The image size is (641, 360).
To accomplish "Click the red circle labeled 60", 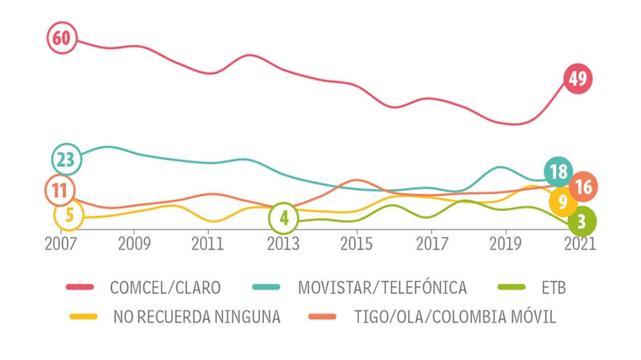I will (62, 38).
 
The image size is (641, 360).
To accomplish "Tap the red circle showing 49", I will (578, 79).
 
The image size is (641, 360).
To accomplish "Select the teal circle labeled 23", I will (66, 159).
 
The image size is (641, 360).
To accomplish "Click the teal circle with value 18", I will (558, 172).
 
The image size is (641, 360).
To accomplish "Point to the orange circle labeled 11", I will (60, 190).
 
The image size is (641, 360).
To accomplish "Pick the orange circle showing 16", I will (583, 187).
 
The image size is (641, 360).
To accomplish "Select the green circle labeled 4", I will (284, 218).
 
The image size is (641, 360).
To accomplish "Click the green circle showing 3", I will (581, 222).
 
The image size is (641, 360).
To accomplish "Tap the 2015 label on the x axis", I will (356, 245).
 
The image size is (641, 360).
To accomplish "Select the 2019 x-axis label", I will (505, 245).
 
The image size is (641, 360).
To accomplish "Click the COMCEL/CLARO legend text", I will (165, 288).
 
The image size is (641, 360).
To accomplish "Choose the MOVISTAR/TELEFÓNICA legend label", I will (382, 288).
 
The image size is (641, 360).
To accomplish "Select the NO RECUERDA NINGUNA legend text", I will (197, 316).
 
